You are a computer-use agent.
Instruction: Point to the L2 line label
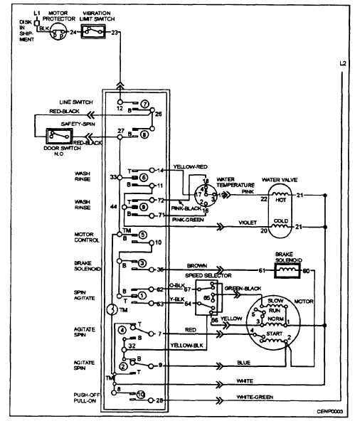[344, 65]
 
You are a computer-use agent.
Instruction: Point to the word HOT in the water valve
[280, 201]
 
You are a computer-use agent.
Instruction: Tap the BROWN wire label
[198, 264]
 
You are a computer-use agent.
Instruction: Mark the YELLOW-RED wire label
[186, 166]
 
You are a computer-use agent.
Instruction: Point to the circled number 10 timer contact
[141, 393]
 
